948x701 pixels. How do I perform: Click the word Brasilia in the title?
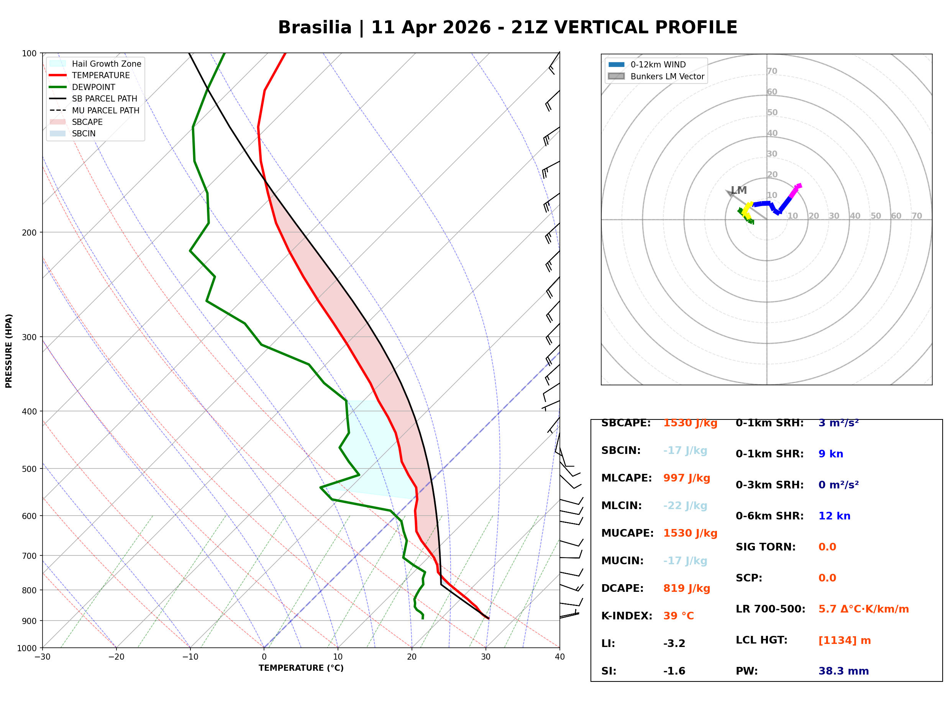pyautogui.click(x=315, y=28)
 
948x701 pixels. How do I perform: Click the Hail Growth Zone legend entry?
pyautogui.click(x=95, y=64)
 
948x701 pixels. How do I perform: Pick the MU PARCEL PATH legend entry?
pyautogui.click(x=95, y=110)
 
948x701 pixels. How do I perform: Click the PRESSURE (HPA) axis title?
pyautogui.click(x=9, y=351)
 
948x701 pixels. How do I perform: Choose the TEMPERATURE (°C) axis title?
pyautogui.click(x=301, y=668)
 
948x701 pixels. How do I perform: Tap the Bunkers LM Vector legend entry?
pyautogui.click(x=656, y=76)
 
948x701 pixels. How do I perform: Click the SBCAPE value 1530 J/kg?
pyautogui.click(x=690, y=423)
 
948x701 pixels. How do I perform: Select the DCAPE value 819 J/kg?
pyautogui.click(x=687, y=588)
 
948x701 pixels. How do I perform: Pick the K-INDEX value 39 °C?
pyautogui.click(x=679, y=616)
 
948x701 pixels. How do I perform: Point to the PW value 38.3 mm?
pyautogui.click(x=844, y=671)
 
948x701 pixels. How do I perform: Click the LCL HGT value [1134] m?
pyautogui.click(x=845, y=640)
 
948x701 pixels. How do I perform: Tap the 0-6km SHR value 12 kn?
pyautogui.click(x=834, y=516)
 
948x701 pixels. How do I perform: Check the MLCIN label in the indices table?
pyautogui.click(x=622, y=506)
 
